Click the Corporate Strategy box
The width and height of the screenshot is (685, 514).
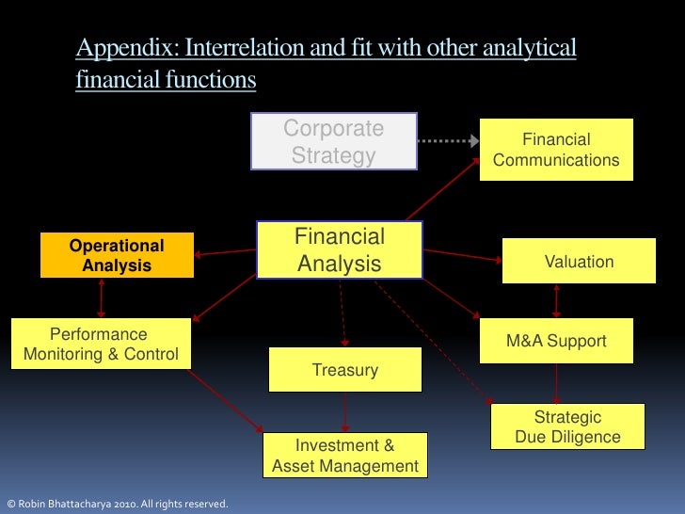(x=334, y=141)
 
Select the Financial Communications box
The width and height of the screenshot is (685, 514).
(x=556, y=150)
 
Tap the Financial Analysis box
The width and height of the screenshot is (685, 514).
(x=340, y=250)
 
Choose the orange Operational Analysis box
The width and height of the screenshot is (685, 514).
(x=117, y=255)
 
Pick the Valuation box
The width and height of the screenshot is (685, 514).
(x=579, y=262)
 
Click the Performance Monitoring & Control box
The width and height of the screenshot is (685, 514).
(x=100, y=345)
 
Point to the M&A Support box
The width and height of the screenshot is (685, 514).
(x=556, y=341)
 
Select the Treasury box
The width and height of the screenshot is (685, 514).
(x=345, y=370)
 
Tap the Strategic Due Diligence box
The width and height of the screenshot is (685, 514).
(x=567, y=427)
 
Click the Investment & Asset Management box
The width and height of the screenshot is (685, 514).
(x=345, y=457)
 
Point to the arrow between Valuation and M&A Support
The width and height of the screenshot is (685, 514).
(x=557, y=301)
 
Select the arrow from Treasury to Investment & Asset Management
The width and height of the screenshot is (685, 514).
(x=346, y=412)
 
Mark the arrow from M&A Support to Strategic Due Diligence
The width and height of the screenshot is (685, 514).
(x=557, y=384)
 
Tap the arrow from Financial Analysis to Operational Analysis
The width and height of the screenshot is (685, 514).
(x=225, y=251)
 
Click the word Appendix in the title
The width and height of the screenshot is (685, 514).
(x=116, y=48)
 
